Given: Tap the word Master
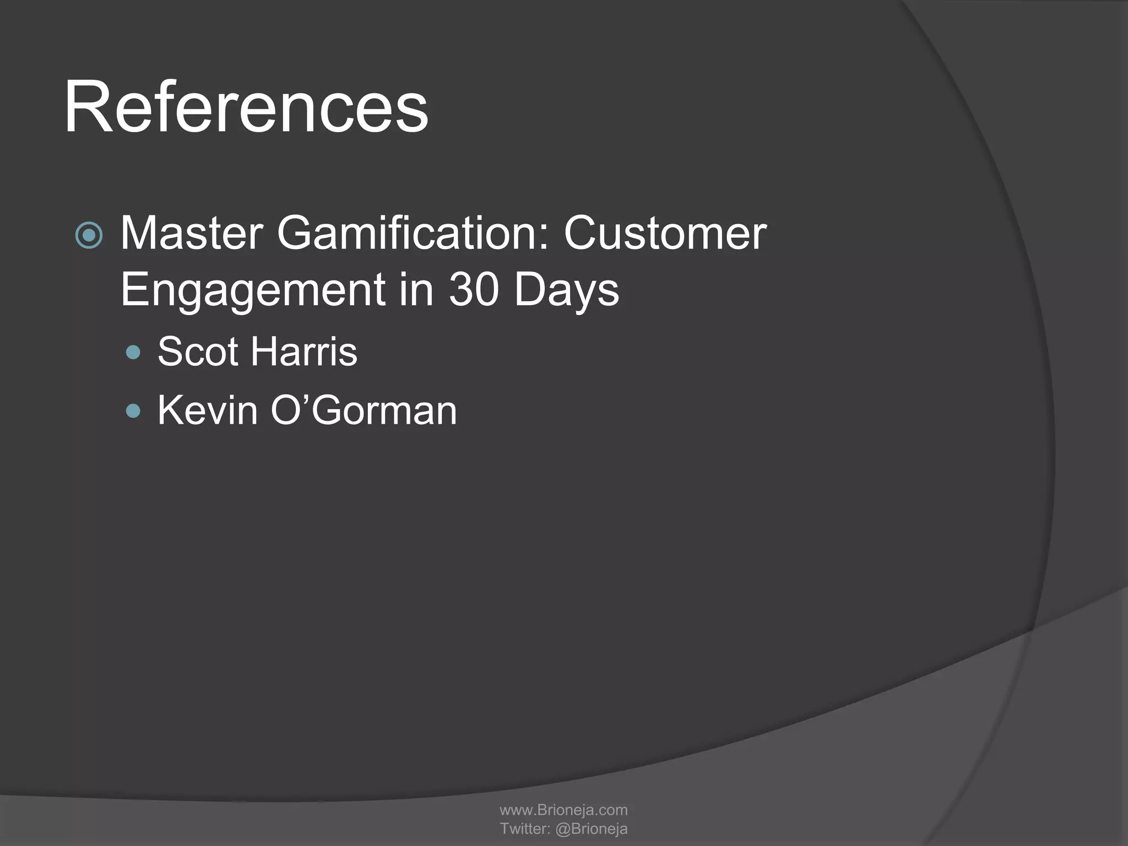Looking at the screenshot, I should [x=191, y=233].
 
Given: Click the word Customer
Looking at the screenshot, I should [x=665, y=233].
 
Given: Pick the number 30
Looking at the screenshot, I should [x=473, y=289].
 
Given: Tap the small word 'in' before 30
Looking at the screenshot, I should [x=416, y=289].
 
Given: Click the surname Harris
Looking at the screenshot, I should [x=304, y=351].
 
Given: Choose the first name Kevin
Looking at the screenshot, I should [x=207, y=410].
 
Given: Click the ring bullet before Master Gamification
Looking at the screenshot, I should [x=89, y=236].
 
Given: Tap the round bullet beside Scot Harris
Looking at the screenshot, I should [x=133, y=352].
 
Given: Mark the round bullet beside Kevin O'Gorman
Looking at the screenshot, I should [x=133, y=411].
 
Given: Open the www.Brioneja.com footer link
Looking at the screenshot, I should [x=563, y=810].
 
